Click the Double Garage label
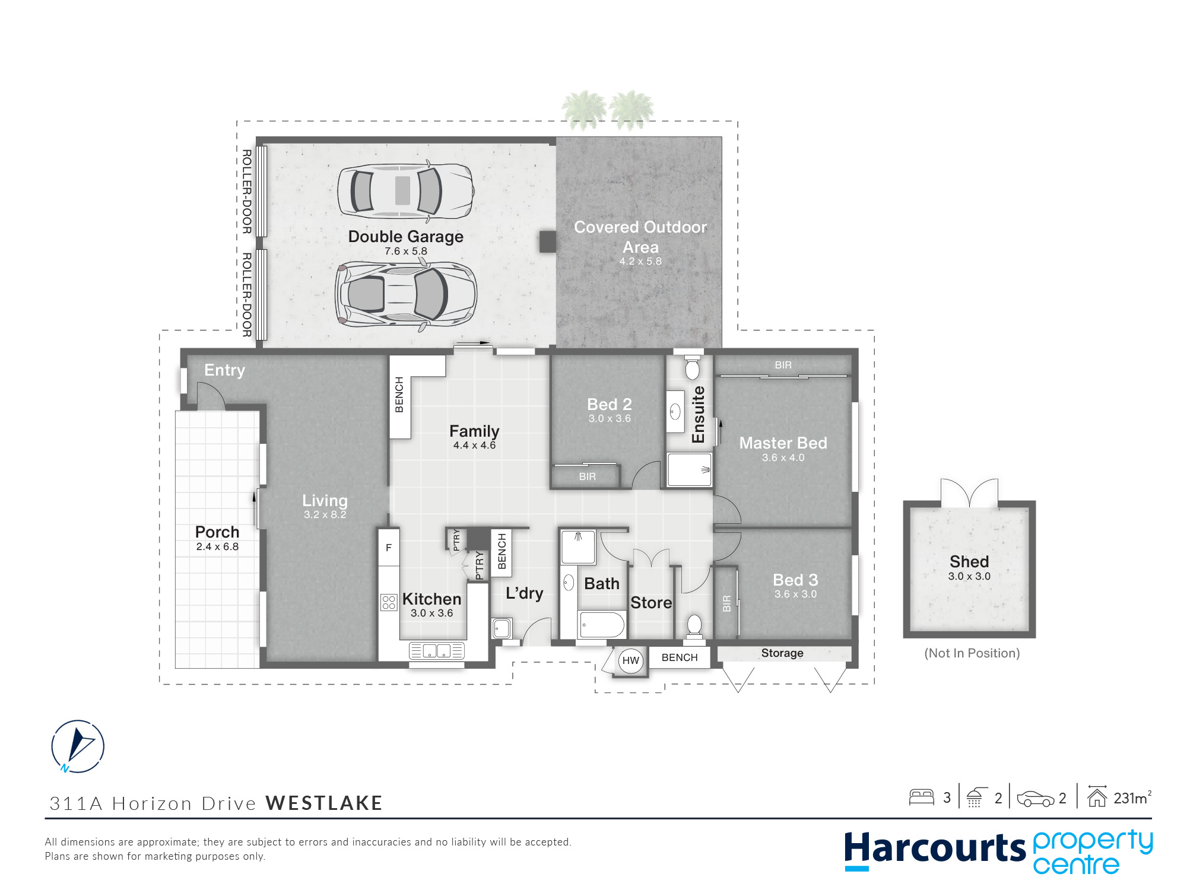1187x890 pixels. click(406, 237)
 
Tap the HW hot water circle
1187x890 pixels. click(631, 660)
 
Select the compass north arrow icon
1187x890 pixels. click(78, 746)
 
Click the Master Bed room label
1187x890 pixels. click(783, 443)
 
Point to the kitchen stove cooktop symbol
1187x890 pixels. click(389, 602)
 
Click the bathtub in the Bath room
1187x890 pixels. click(602, 625)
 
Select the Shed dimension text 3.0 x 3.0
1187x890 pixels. click(969, 576)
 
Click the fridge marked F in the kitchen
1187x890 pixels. click(389, 548)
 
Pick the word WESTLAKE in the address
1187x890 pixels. click(324, 803)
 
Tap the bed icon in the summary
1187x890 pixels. click(922, 797)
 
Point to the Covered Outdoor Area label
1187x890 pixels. click(640, 237)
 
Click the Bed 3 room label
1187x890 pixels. click(795, 580)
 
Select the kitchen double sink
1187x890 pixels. click(437, 651)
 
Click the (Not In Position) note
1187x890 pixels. click(972, 653)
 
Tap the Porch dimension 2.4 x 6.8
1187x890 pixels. click(217, 546)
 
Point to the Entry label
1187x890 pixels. click(224, 370)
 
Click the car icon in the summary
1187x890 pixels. click(1036, 799)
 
